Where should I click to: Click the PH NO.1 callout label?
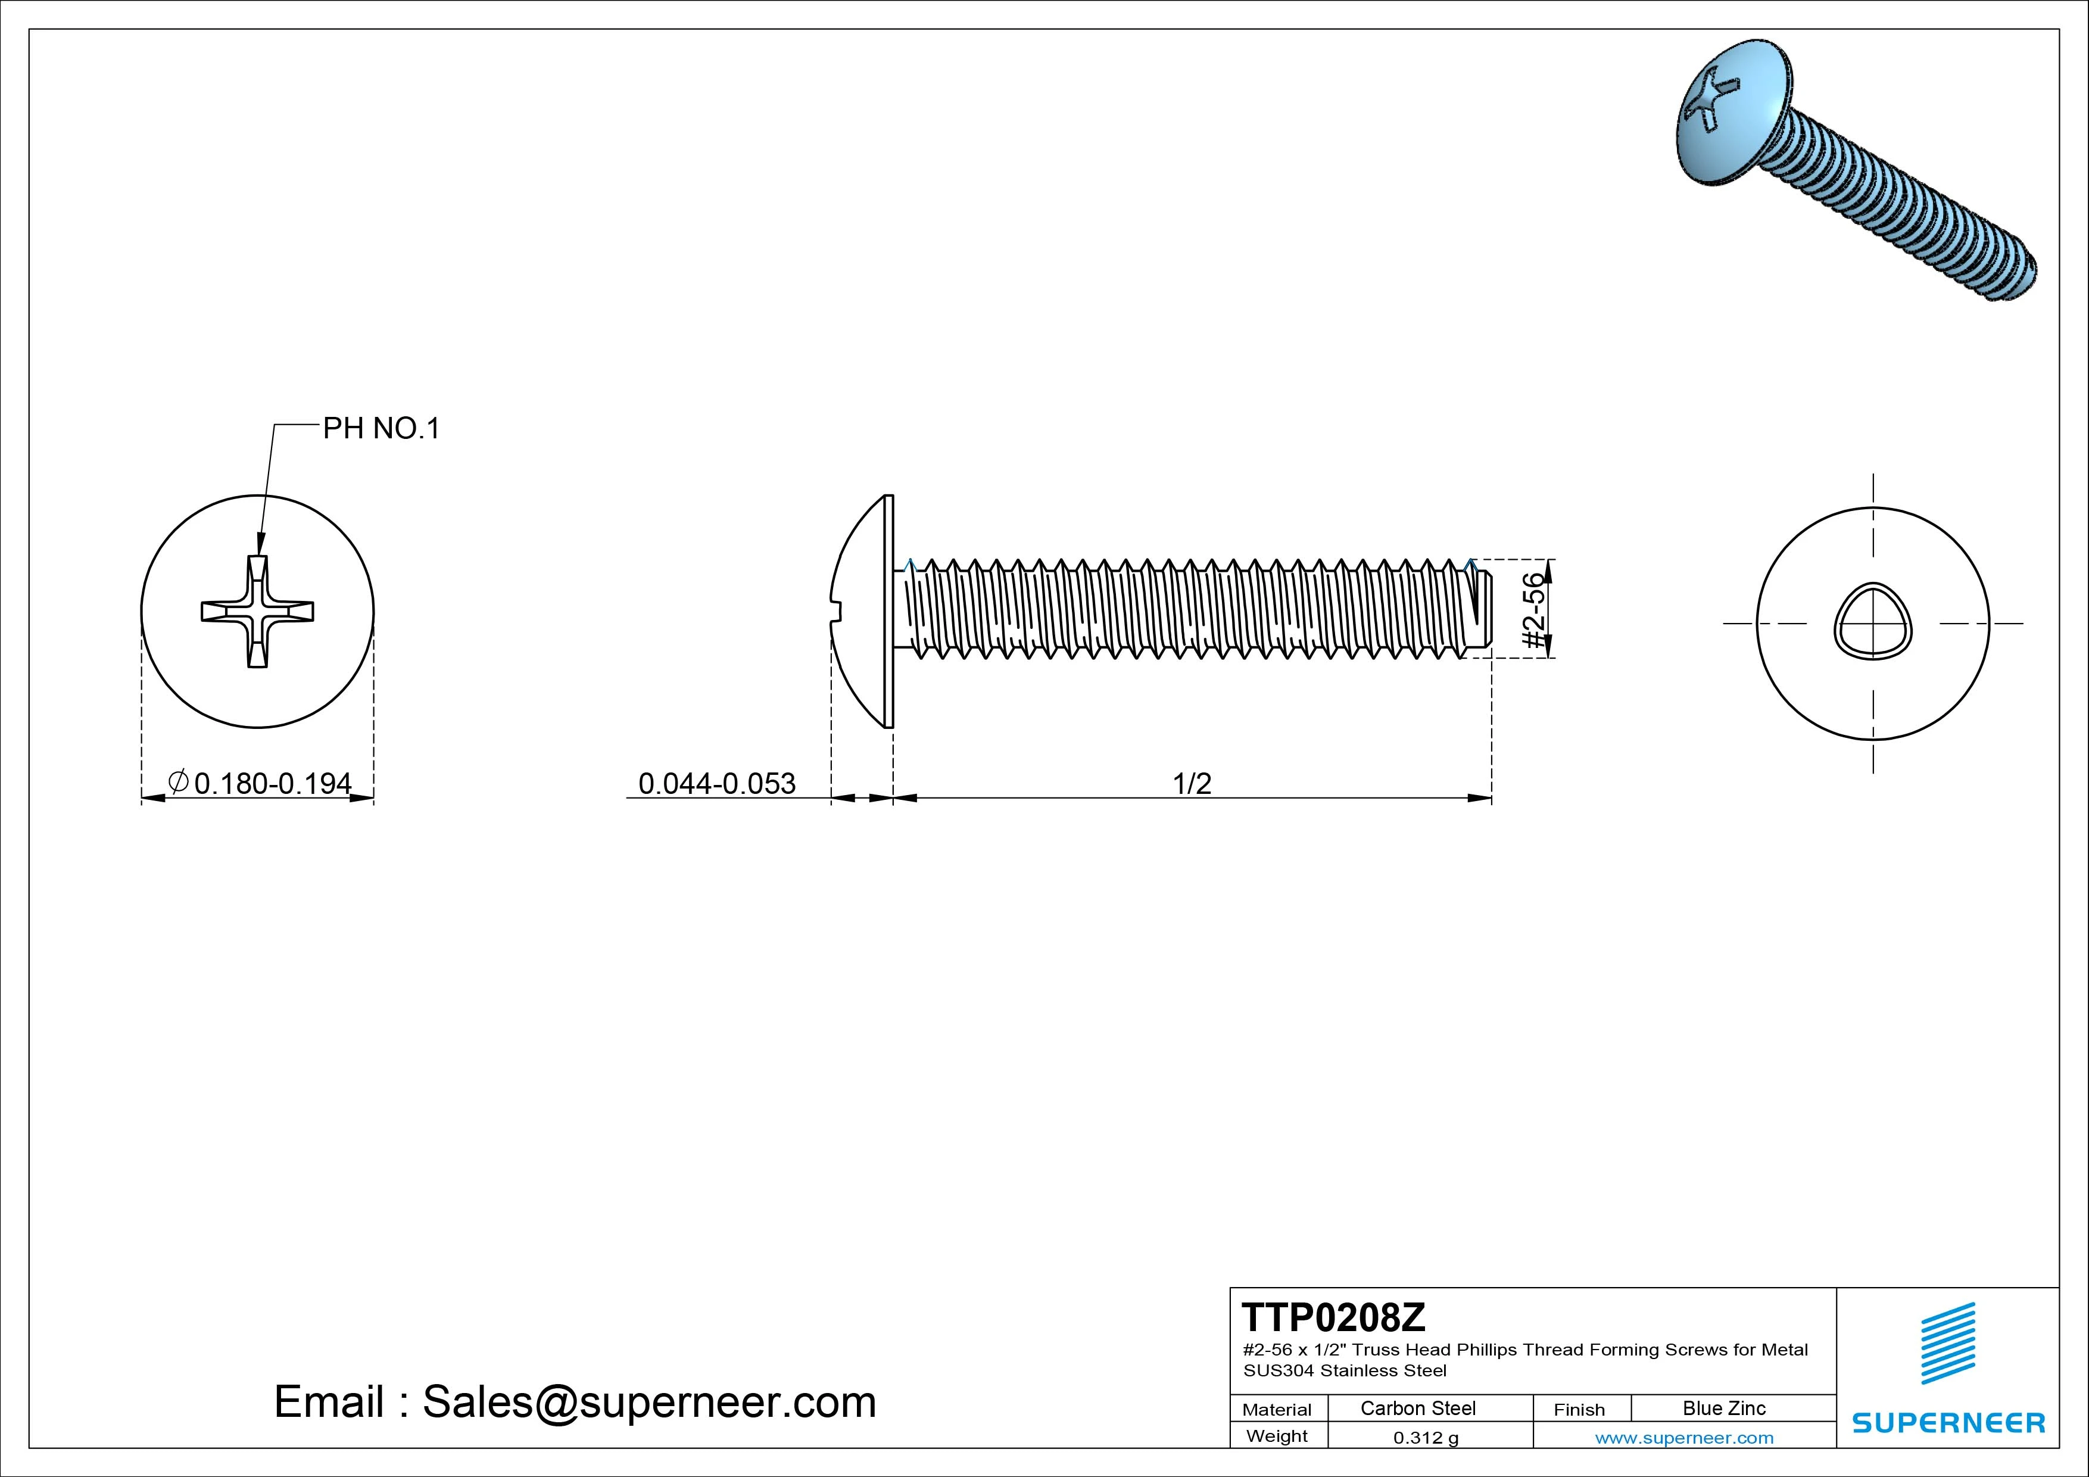[381, 429]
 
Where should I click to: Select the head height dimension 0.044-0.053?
[717, 784]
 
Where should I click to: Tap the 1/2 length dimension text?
[1192, 784]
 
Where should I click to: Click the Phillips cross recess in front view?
[257, 610]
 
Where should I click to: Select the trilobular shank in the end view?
[1872, 622]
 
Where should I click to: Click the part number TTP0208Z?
[1334, 1317]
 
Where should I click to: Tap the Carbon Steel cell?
[1417, 1408]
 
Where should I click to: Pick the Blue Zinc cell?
[1724, 1408]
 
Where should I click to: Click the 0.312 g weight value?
[1426, 1438]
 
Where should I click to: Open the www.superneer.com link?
[1684, 1438]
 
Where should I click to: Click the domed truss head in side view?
[860, 610]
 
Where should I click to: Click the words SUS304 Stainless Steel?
[1345, 1370]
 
